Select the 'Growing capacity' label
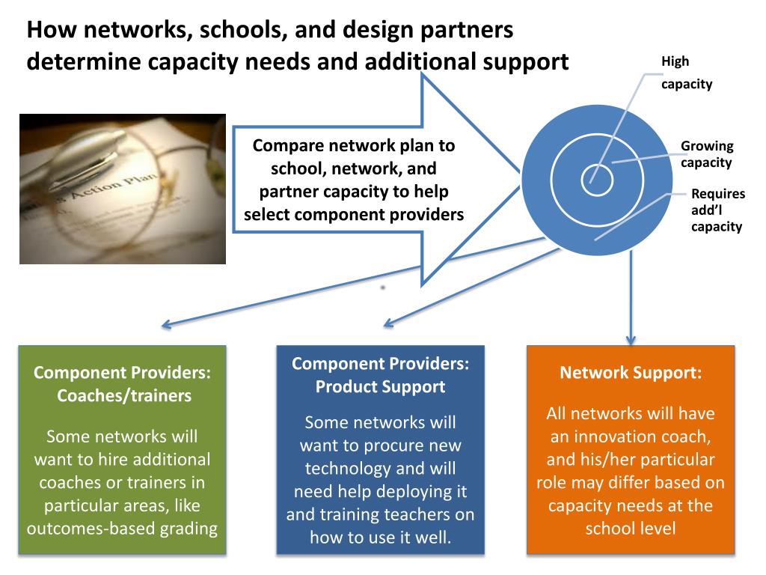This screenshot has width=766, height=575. [x=706, y=154]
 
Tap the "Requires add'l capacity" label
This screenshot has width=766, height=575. [x=717, y=210]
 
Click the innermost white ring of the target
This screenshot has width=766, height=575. [x=598, y=179]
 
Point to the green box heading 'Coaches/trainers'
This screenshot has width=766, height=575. [x=124, y=395]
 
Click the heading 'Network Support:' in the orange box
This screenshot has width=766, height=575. [x=631, y=373]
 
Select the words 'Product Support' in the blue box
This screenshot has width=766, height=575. [x=380, y=386]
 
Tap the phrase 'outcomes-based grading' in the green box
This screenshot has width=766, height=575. [x=122, y=529]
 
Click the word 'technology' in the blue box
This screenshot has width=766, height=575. [x=356, y=469]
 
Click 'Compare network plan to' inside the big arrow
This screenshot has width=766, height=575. [x=354, y=146]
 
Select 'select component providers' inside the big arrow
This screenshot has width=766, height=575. [x=354, y=215]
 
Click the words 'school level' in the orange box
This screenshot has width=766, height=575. [x=631, y=529]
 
